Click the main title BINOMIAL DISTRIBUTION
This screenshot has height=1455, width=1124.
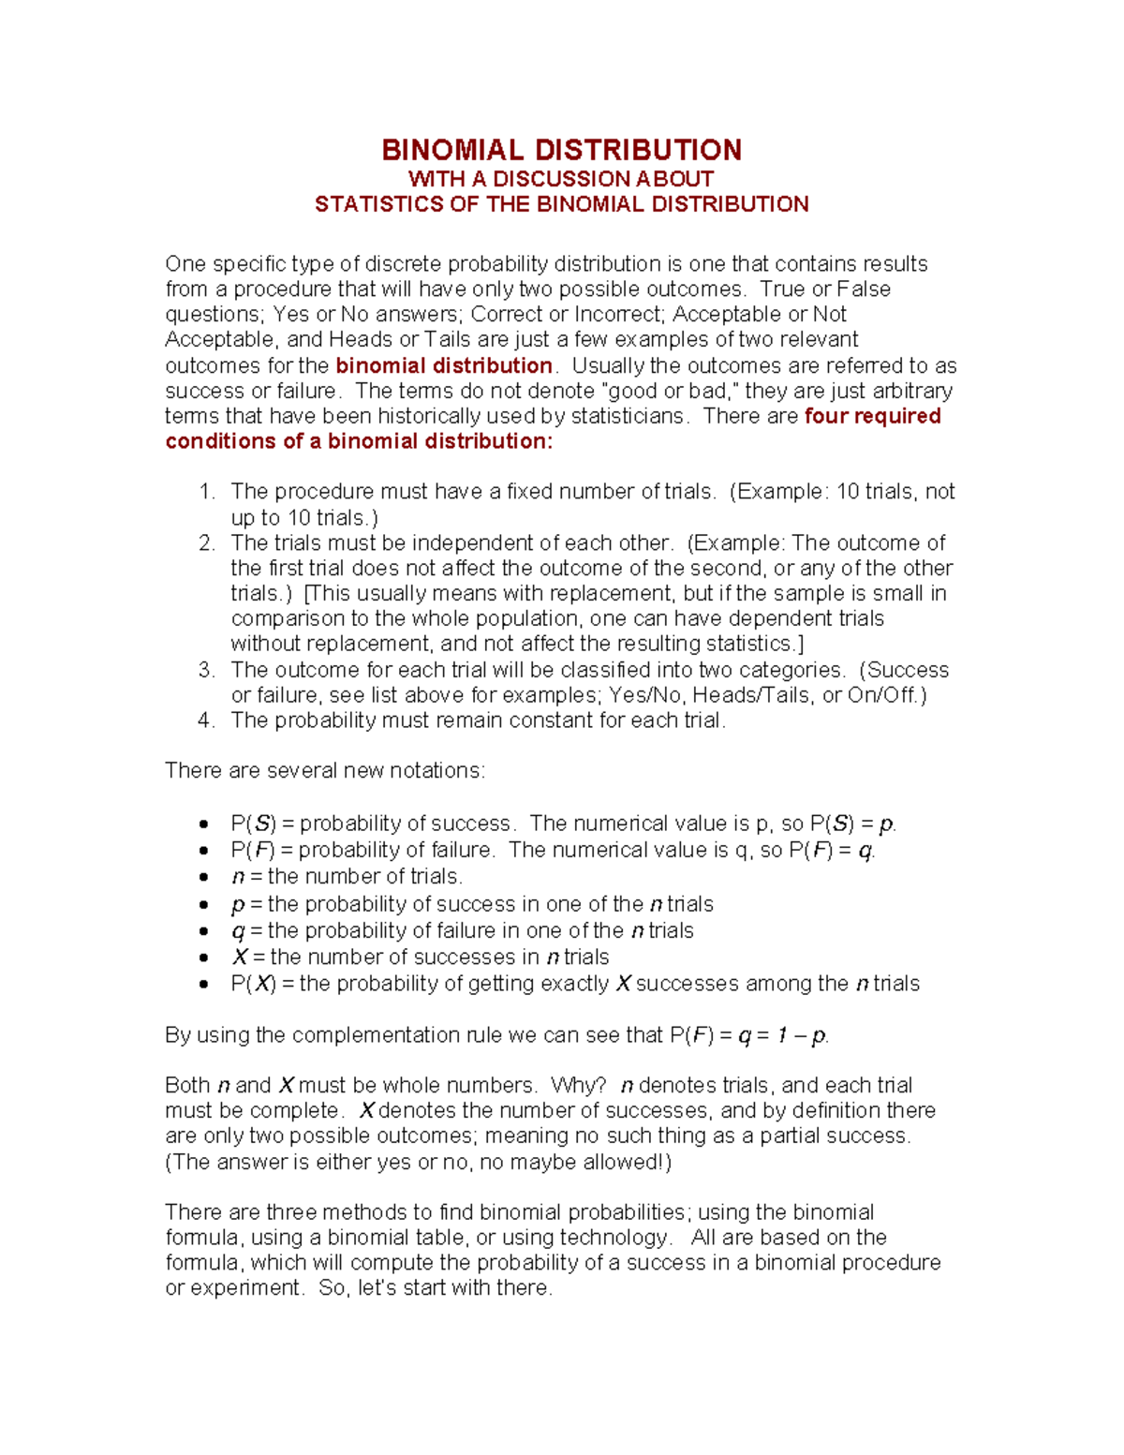561,150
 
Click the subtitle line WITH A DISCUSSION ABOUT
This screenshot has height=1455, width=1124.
561,179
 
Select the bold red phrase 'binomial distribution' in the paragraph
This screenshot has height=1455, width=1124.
444,365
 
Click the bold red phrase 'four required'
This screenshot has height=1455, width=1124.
872,416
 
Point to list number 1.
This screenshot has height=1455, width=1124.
207,492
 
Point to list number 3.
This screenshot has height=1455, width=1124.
207,670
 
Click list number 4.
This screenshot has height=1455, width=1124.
207,720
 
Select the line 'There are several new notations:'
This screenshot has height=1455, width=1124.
325,770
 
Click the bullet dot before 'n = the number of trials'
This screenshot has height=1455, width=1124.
203,878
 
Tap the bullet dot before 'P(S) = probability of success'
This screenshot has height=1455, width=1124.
203,824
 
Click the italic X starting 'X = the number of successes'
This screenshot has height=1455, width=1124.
240,957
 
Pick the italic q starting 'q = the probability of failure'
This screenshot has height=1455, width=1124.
238,931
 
